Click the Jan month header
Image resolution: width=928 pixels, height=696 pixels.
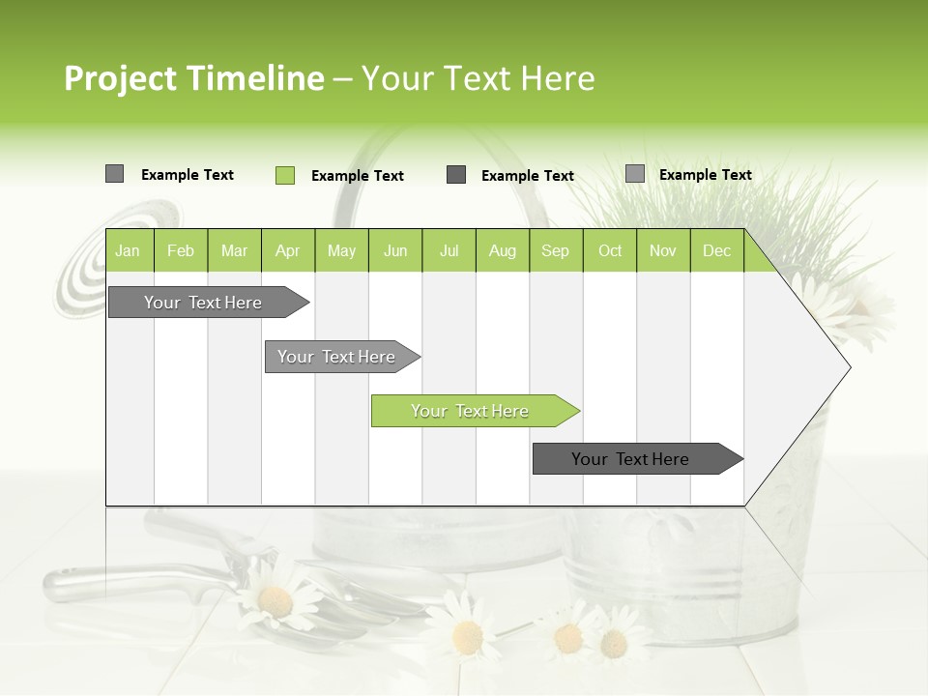(x=129, y=250)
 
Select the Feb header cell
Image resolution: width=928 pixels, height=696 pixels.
(x=181, y=250)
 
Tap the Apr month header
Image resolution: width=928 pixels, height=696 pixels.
(x=288, y=250)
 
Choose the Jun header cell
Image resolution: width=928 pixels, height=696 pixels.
(x=395, y=250)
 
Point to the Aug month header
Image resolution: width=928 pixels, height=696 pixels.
(x=503, y=250)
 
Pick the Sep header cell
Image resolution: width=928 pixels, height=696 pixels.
(x=556, y=250)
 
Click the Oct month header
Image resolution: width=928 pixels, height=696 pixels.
(x=610, y=250)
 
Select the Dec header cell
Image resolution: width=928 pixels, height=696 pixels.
(x=717, y=250)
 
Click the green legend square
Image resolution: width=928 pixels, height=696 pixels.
(x=285, y=175)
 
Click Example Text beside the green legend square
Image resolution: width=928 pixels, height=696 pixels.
(x=358, y=176)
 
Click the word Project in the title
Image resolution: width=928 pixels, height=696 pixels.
(x=120, y=78)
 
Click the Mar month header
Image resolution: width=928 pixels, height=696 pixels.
(x=235, y=250)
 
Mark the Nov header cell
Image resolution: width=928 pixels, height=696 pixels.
(x=663, y=250)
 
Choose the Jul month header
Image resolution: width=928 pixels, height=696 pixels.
(x=449, y=250)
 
